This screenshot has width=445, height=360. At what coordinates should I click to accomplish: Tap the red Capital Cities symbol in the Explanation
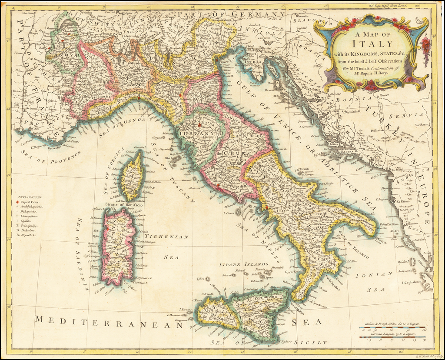pyautogui.click(x=17, y=203)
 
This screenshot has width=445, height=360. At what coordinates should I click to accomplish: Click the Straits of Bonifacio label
pyautogui.click(x=123, y=204)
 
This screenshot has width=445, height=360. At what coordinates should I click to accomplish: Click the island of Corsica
pyautogui.click(x=132, y=176)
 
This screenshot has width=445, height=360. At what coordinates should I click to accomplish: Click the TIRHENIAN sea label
pyautogui.click(x=173, y=237)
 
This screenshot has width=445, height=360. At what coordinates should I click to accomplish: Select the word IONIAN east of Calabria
pyautogui.click(x=374, y=274)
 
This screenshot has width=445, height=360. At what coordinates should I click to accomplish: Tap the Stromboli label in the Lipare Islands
pyautogui.click(x=277, y=268)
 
